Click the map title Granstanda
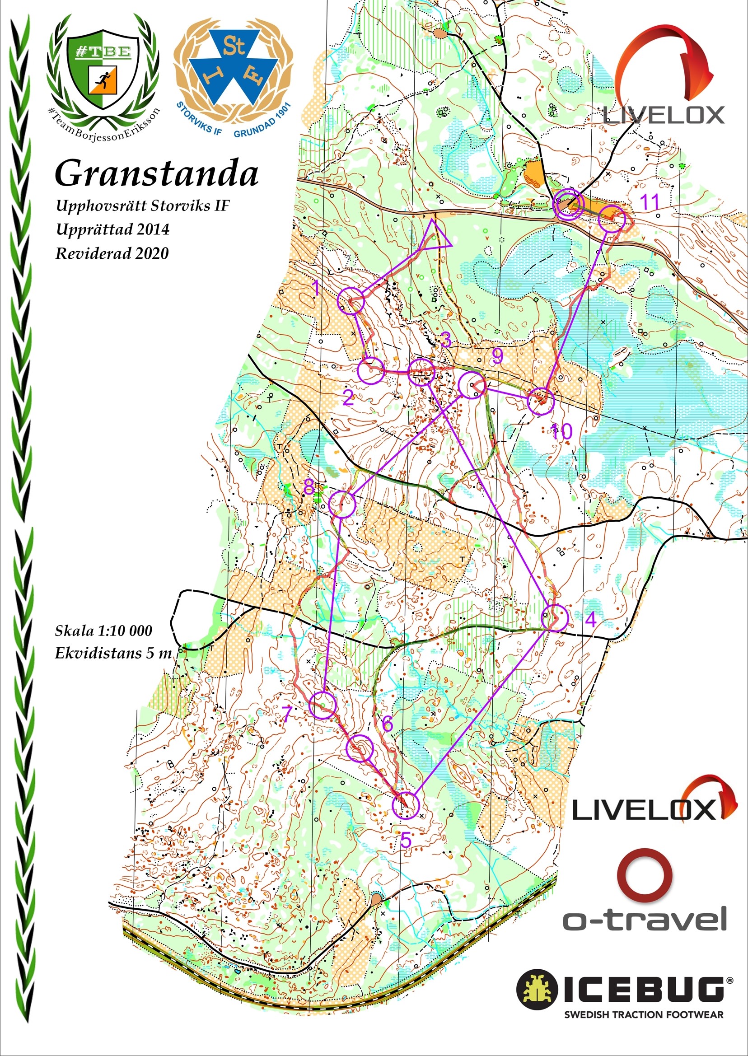(x=157, y=174)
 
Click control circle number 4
(x=554, y=618)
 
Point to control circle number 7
(x=323, y=705)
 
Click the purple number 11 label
(x=650, y=202)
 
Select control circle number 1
(x=351, y=301)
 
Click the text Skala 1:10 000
(x=103, y=631)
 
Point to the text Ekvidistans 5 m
(x=113, y=653)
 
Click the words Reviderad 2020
(x=112, y=253)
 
